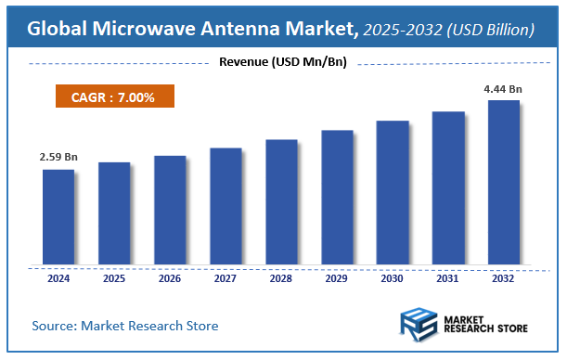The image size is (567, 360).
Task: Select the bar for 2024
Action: [x=58, y=216]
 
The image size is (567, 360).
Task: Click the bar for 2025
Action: [x=114, y=212]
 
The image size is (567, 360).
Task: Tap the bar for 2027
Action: [x=226, y=205]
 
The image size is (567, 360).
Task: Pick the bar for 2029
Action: [x=337, y=197]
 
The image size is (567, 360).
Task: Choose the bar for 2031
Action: [x=448, y=187]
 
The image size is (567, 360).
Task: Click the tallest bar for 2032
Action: [x=504, y=181]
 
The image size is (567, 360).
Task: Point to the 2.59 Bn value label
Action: [x=58, y=158]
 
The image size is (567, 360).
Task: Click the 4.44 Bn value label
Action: [x=504, y=88]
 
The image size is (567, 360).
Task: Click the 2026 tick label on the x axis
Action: [x=170, y=277]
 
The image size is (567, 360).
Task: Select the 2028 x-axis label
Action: [x=281, y=277]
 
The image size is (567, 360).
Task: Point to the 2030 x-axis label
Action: [x=393, y=277]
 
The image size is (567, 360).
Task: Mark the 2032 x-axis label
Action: [x=504, y=277]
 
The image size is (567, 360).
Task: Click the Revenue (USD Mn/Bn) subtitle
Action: [x=282, y=62]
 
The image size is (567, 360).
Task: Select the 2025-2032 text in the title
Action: [x=401, y=30]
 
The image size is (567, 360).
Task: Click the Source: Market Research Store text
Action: [x=125, y=326]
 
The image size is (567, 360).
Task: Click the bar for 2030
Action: [x=393, y=192]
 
